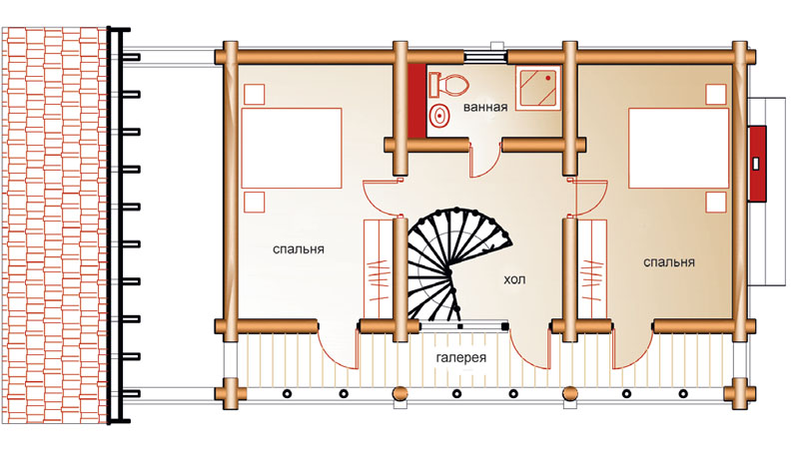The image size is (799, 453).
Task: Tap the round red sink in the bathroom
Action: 438,116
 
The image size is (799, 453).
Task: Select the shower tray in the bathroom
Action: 538,88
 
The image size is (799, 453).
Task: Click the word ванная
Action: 485,108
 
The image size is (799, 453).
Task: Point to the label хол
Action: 514,279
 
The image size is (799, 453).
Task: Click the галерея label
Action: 461,357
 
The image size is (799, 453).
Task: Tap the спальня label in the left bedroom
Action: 298,249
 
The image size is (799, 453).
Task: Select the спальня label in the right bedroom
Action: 668,262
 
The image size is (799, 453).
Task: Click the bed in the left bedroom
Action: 292,148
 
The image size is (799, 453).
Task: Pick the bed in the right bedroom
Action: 678,148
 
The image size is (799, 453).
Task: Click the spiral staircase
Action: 453,264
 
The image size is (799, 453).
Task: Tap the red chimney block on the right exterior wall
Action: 757,164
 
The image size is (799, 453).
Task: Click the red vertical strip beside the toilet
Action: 416,101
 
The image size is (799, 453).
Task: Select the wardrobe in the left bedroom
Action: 378,268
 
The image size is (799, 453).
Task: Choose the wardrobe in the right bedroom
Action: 591,268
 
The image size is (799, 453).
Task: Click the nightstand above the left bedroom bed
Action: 255,94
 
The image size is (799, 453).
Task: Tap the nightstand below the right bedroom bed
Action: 716,203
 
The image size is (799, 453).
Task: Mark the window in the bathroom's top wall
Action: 485,56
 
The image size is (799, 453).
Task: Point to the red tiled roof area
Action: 54,225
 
